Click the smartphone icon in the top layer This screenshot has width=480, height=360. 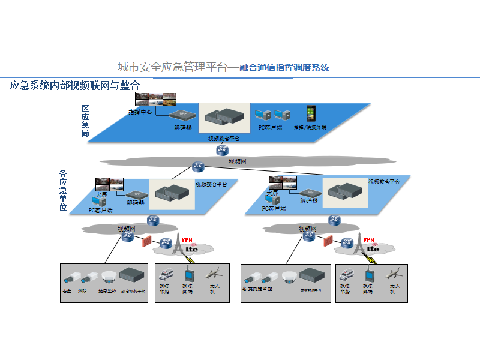[x=310, y=113]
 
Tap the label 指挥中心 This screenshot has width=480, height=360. [x=140, y=112]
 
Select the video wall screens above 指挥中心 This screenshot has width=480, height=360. [x=155, y=98]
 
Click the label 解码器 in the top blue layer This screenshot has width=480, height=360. [x=182, y=127]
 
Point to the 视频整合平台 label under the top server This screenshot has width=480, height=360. [x=224, y=139]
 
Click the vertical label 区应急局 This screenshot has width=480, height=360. [x=85, y=121]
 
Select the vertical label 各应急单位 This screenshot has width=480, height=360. [x=63, y=190]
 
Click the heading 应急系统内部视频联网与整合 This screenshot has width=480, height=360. [x=74, y=85]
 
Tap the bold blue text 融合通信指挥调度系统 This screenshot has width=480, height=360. [x=284, y=68]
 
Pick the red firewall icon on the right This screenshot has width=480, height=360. [x=328, y=242]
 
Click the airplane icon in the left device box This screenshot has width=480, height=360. [x=214, y=274]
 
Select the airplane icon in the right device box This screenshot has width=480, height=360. [x=394, y=274]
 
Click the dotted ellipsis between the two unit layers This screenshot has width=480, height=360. [x=238, y=199]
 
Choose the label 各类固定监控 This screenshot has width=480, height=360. [x=257, y=289]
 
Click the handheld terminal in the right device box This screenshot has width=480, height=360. [x=367, y=275]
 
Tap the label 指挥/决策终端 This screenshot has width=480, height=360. [x=310, y=127]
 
